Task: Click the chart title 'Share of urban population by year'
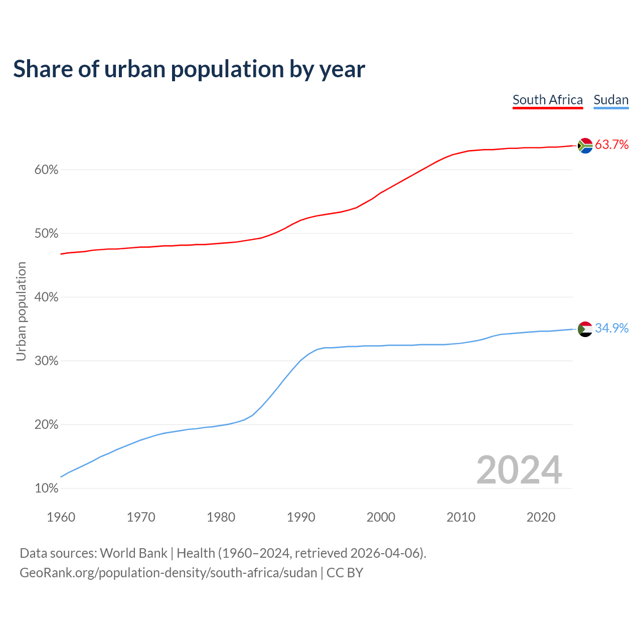[189, 69]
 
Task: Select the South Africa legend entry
[548, 100]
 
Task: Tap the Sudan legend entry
[611, 100]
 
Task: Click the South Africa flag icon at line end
[585, 145]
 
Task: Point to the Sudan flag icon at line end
[585, 329]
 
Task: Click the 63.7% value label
[611, 145]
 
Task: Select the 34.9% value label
[611, 329]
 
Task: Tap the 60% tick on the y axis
[47, 170]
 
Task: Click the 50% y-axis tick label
[47, 234]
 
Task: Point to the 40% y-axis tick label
[47, 297]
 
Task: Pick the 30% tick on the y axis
[47, 361]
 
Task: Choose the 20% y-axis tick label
[47, 425]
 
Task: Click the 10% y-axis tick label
[47, 489]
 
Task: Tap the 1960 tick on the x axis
[61, 517]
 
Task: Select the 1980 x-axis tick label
[221, 517]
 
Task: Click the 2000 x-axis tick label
[381, 517]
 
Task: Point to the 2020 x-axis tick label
[541, 517]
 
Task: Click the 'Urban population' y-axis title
[21, 311]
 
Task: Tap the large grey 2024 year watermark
[519, 470]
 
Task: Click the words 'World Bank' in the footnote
[133, 553]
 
